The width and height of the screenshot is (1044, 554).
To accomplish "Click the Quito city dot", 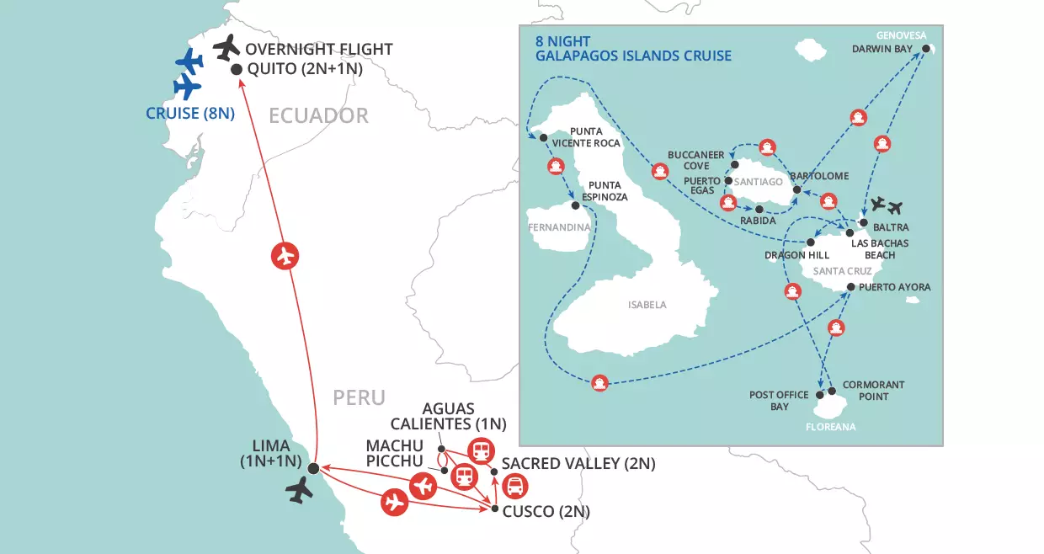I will [237, 70].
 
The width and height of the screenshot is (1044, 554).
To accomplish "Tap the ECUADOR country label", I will [318, 115].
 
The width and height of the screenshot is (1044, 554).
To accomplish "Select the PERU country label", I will [359, 397].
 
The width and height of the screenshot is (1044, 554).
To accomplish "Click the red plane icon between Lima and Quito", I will [286, 255].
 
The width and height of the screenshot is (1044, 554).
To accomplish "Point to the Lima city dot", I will [313, 468].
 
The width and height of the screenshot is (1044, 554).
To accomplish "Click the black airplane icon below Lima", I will [300, 490].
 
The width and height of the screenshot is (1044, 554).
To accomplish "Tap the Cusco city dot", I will [493, 508].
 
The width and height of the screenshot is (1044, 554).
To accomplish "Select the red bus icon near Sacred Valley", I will [514, 486].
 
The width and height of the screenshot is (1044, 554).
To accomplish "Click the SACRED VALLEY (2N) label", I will [578, 464].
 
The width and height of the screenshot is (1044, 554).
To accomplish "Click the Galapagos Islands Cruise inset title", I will [633, 48].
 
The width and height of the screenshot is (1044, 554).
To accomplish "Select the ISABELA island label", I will [647, 305].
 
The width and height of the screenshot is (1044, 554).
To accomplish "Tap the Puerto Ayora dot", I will [850, 288].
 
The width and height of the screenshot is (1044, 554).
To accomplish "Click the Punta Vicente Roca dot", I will [543, 138].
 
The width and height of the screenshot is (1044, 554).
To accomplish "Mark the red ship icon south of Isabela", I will [599, 382].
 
